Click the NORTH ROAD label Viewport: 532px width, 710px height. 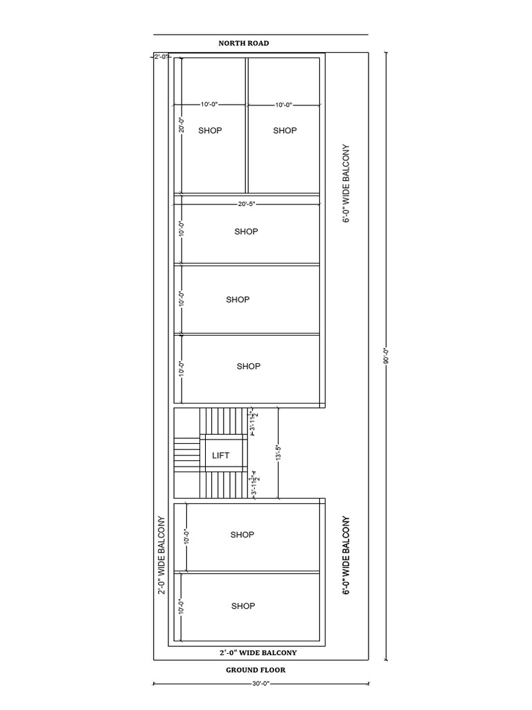pyautogui.click(x=243, y=43)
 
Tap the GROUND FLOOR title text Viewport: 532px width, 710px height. pyautogui.click(x=256, y=670)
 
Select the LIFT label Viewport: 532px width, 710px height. pyautogui.click(x=221, y=455)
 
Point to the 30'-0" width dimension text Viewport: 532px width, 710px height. pyautogui.click(x=260, y=683)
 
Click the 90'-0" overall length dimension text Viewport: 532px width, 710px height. pyautogui.click(x=386, y=356)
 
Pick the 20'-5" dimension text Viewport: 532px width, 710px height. pyautogui.click(x=247, y=204)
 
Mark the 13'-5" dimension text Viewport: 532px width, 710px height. pyautogui.click(x=278, y=453)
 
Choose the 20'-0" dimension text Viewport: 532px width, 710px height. pyautogui.click(x=181, y=125)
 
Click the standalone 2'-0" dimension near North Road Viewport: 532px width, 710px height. pyautogui.click(x=161, y=57)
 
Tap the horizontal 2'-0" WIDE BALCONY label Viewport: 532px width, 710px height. pyautogui.click(x=258, y=652)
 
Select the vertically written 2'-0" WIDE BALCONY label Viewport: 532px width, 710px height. pyautogui.click(x=161, y=555)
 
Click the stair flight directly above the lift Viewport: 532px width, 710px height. pyautogui.click(x=224, y=421)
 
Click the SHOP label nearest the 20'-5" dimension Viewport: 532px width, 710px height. pyautogui.click(x=246, y=232)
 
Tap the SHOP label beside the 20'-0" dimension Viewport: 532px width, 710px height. pyautogui.click(x=210, y=130)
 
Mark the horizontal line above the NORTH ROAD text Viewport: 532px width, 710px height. pyautogui.click(x=260, y=35)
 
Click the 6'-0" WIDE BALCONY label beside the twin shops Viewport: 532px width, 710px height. pyautogui.click(x=346, y=183)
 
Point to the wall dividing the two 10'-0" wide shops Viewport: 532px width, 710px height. pyautogui.click(x=247, y=125)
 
